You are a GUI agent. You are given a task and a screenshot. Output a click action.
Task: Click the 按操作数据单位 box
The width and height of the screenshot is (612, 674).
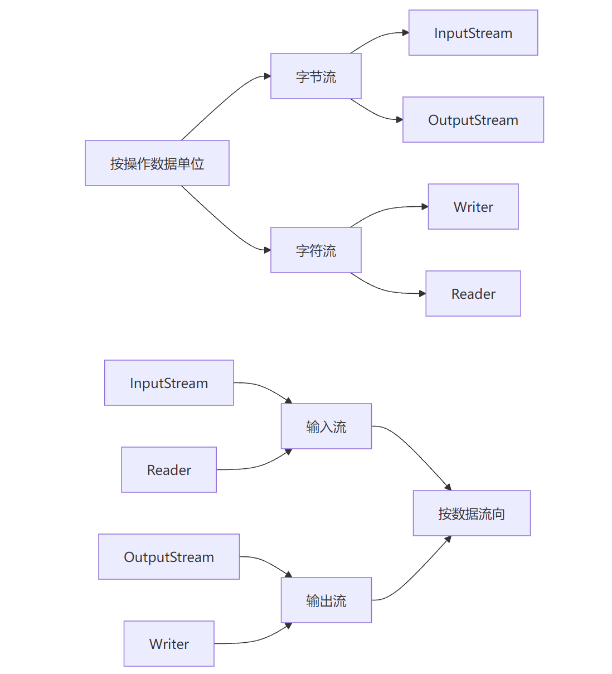coord(157,163)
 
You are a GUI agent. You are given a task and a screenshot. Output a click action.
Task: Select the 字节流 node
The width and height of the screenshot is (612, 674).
coord(315,76)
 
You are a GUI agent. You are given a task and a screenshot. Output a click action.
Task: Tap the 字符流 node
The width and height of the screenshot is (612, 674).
coord(315,250)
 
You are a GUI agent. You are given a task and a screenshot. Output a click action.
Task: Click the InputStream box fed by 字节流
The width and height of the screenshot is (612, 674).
coord(473,33)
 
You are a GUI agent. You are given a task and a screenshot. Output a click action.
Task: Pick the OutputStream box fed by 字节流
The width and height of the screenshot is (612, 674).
coord(473,120)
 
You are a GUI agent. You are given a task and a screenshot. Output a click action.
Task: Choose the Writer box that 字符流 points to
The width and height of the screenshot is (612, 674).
coord(473,207)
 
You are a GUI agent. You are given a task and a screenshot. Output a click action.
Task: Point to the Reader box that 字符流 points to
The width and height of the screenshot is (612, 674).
coord(473,294)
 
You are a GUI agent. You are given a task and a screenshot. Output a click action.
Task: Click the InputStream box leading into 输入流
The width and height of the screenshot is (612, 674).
coord(168,383)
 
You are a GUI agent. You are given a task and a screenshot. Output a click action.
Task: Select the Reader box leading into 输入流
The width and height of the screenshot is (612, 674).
coord(168,470)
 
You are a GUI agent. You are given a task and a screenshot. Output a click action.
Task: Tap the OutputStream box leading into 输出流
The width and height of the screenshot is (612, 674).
coord(168,557)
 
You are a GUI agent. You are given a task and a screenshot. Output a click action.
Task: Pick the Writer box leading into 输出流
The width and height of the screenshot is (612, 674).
coord(168,644)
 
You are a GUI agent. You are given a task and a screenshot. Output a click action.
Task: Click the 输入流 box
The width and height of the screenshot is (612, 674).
coord(326,426)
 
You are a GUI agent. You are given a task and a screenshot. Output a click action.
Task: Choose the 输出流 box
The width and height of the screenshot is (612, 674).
coord(326,600)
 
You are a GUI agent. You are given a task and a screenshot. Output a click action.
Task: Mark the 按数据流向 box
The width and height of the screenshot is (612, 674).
coord(472,513)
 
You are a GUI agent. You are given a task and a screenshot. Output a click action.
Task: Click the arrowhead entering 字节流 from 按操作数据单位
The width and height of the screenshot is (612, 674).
coord(267,76)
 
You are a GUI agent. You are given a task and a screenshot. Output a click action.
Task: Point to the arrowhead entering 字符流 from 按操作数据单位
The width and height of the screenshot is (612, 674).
coord(267,250)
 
